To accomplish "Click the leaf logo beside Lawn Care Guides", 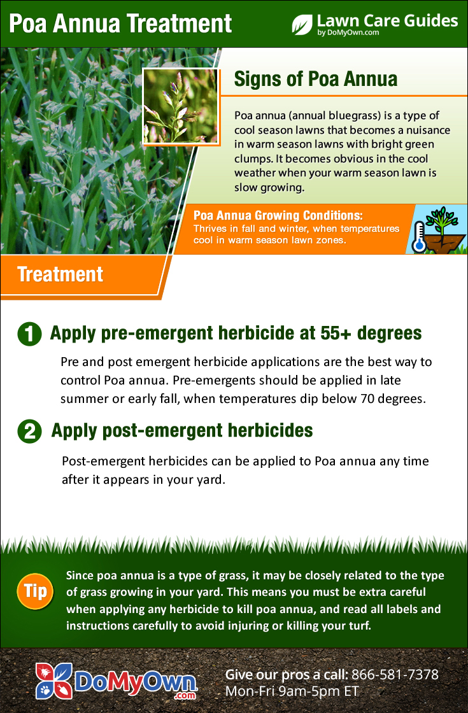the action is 302,25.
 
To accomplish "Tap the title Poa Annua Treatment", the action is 120,24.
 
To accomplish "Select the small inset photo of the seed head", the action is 181,106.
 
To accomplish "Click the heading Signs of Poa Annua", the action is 316,79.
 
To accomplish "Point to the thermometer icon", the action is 418,236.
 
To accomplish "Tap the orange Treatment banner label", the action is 60,274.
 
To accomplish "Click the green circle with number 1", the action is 29,334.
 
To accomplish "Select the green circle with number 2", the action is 29,431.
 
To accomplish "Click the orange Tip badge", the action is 35,591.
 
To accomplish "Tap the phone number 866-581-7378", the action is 395,674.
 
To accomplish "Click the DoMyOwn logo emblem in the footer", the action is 54,681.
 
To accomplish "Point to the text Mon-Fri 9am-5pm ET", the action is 292,691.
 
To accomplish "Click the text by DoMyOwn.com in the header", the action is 348,32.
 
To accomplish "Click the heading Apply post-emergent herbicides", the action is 182,430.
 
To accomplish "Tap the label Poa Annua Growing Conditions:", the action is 278,215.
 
